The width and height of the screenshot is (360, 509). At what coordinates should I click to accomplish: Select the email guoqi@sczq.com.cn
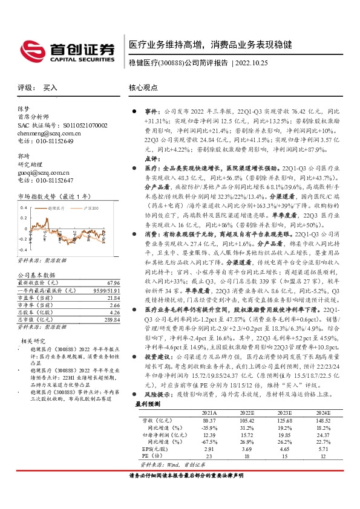click(x=43, y=172)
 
